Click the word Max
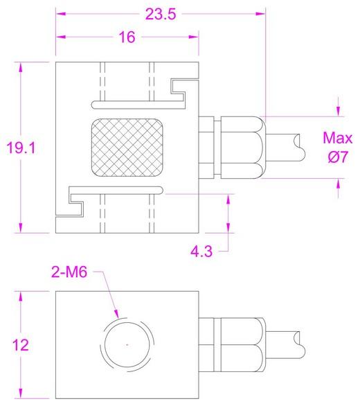(338, 138)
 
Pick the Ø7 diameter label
(338, 157)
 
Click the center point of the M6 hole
(127, 344)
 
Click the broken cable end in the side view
(299, 148)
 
